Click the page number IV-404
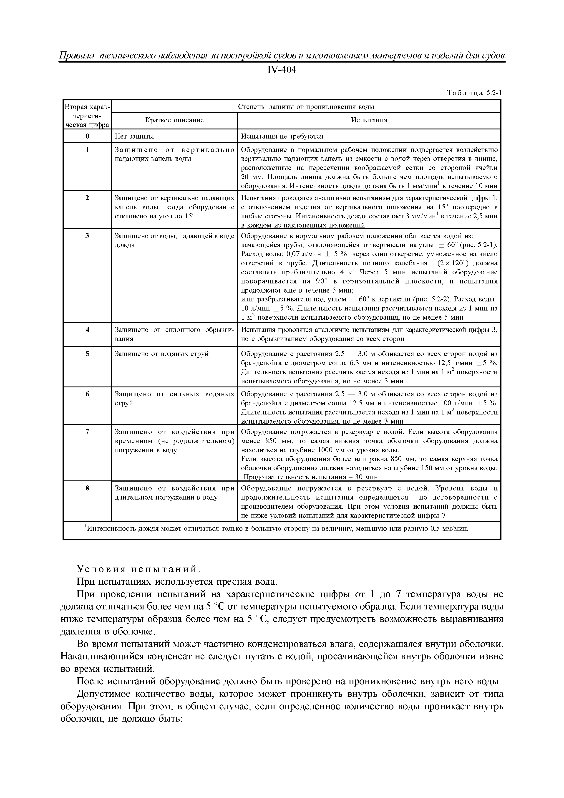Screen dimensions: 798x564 282,70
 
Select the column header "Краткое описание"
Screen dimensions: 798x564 174,120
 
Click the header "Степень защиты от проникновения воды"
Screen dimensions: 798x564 306,107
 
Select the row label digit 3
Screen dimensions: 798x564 87,236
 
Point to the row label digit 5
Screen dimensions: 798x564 87,354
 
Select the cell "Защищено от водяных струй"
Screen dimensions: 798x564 162,354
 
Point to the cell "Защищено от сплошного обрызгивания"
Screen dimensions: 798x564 174,334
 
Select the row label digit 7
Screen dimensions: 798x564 87,432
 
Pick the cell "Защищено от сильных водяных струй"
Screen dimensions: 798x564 174,399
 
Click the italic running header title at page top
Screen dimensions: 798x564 282,56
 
